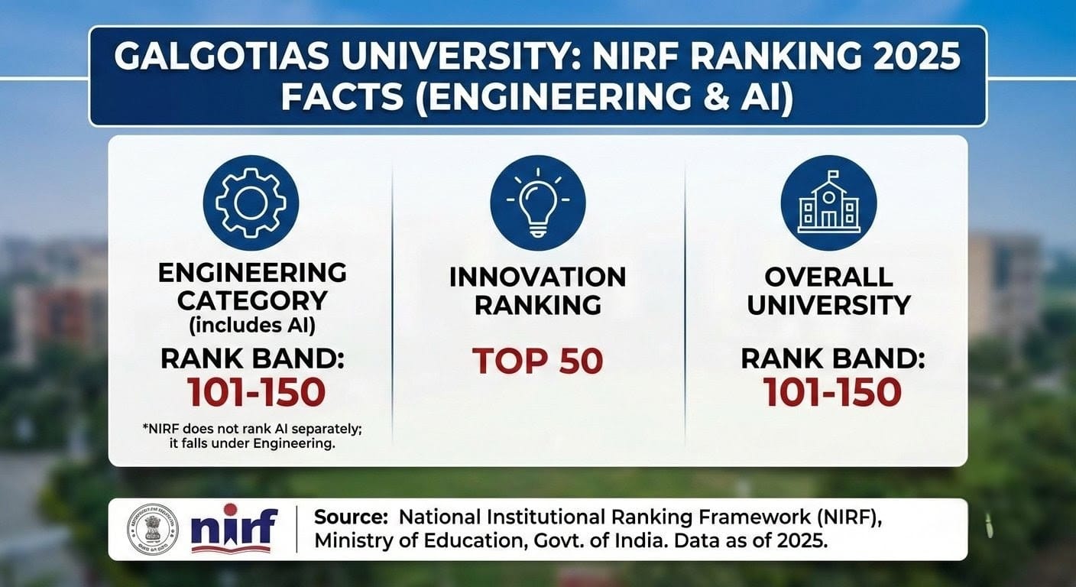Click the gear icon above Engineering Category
pos(251,202)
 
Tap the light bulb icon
pos(538,202)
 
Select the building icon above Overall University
pos(828,202)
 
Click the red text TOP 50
pos(538,361)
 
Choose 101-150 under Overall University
pos(832,392)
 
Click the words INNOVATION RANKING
pos(538,290)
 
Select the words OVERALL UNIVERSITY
pos(828,290)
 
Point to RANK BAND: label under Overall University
pos(832,358)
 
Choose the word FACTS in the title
pos(332,99)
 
